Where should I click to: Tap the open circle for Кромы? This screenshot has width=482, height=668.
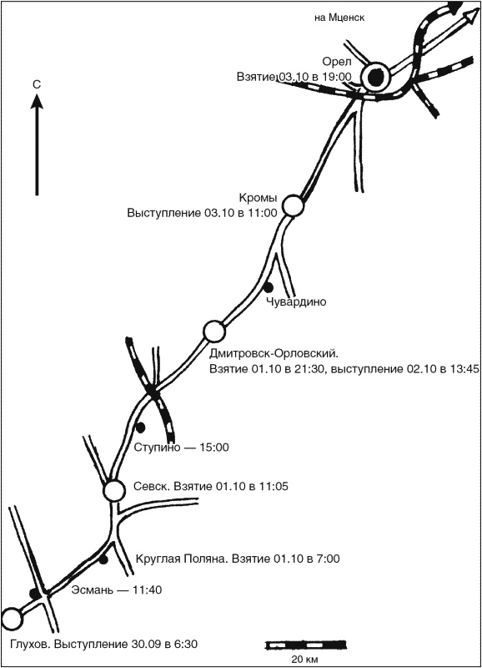coord(293,205)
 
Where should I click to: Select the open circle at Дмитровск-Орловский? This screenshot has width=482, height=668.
coord(213,331)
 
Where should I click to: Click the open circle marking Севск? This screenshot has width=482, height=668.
coord(114,490)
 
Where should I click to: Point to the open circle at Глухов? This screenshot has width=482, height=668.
coord(12,619)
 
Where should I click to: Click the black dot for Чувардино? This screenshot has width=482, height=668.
coord(269,287)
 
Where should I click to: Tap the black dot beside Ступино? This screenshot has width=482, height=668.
coord(140,427)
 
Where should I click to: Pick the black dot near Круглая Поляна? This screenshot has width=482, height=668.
coord(103,559)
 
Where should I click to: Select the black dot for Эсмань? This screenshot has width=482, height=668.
coord(34,594)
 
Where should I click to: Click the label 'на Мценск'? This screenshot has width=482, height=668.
coord(339,18)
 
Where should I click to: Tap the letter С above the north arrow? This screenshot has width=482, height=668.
coord(37,85)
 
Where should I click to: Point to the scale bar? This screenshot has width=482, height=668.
coord(305,645)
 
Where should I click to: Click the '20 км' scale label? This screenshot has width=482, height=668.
coord(304,660)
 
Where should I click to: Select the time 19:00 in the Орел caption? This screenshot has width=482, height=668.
coord(338,77)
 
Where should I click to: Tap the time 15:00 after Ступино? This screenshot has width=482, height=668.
coord(215,448)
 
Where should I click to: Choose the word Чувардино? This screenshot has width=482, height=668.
coord(297,302)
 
